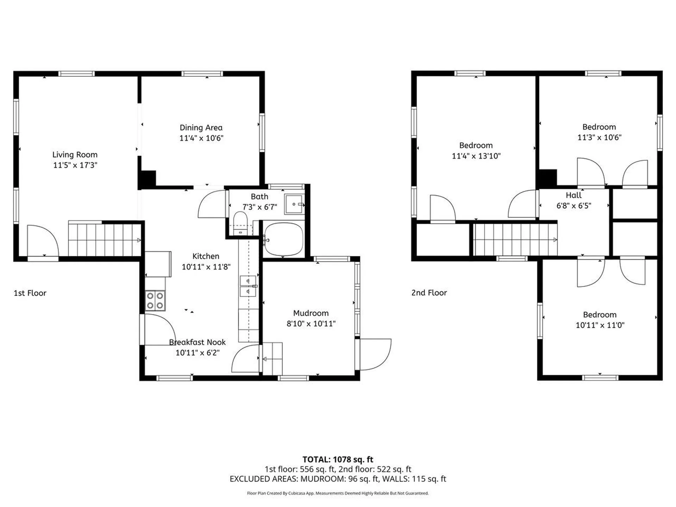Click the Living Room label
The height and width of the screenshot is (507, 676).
[x=75, y=155]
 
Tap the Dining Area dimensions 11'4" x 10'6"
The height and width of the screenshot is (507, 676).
[x=201, y=138]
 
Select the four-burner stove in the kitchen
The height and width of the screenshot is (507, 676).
[x=155, y=301]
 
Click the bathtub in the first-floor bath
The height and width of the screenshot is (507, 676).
[x=283, y=239]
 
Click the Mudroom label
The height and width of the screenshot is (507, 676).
[x=311, y=313]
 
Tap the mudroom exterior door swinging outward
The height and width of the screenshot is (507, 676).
[x=375, y=354]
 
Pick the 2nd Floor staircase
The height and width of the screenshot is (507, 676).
[x=515, y=240]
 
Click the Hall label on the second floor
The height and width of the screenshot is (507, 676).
[x=574, y=195]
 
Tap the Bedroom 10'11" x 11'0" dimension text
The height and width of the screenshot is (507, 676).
[x=600, y=325]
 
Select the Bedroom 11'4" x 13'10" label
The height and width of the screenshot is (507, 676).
[x=476, y=145]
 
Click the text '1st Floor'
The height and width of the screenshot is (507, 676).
[x=30, y=293]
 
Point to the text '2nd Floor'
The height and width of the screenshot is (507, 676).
[x=429, y=293]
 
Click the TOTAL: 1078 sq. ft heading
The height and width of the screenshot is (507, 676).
[x=338, y=459]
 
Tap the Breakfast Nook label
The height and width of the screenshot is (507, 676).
[x=197, y=342]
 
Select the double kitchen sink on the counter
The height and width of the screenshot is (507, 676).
[x=248, y=286]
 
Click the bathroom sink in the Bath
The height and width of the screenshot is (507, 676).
[x=294, y=204]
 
